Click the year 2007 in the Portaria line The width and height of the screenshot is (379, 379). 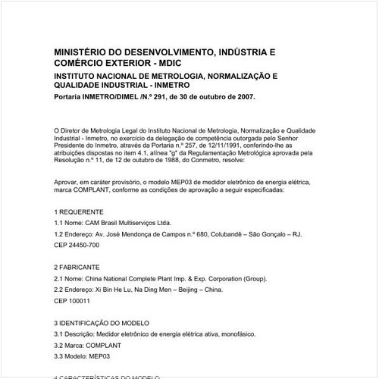click(243, 97)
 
